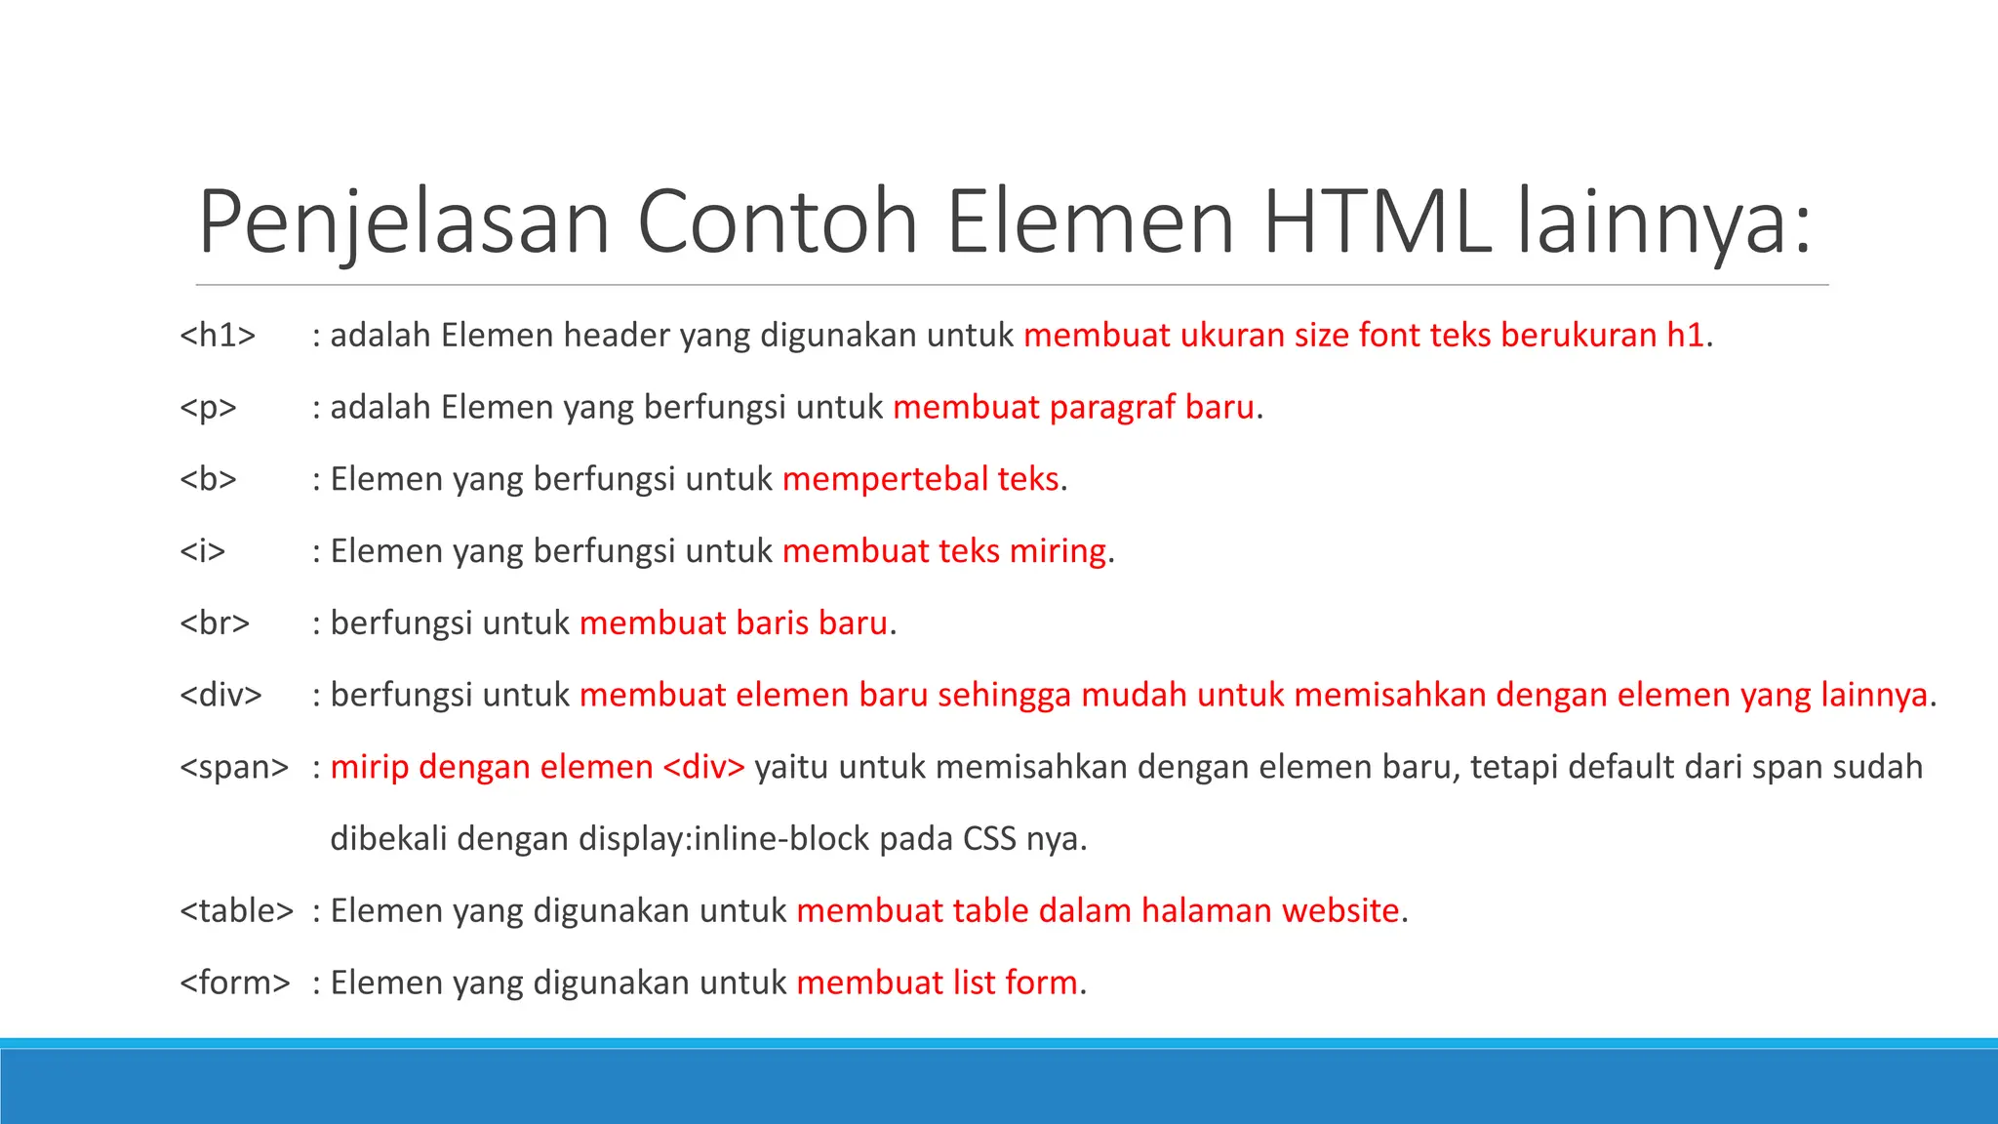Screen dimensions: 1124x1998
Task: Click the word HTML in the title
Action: pos(1377,222)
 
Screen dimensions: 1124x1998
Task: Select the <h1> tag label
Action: pos(218,336)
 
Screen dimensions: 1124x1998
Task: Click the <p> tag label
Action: pos(208,408)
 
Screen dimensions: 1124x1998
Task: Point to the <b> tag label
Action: pos(208,479)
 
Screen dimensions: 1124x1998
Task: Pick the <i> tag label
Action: pos(202,551)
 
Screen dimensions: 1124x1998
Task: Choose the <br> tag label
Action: pos(215,623)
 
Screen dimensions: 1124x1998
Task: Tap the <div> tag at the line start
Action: pos(220,696)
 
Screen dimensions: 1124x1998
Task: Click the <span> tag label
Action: pos(234,768)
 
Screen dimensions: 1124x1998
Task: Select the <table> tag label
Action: pos(236,911)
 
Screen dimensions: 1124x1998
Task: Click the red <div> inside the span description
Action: pos(703,768)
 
